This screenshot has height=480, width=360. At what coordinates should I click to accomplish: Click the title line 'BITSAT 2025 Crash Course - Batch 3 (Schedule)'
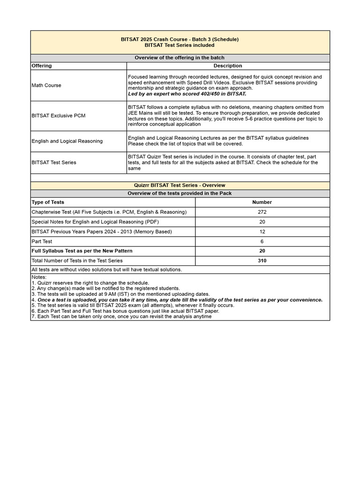click(180, 39)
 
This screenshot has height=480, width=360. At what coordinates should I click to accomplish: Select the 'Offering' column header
click(42, 66)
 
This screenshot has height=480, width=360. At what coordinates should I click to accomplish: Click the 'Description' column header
click(228, 66)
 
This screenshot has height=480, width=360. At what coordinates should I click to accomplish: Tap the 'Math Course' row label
click(46, 85)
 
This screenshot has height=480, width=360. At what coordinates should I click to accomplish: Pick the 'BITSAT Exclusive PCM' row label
click(59, 115)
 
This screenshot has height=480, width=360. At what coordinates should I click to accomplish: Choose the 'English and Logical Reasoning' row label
click(67, 141)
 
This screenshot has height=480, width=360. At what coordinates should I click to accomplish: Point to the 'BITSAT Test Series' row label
click(54, 162)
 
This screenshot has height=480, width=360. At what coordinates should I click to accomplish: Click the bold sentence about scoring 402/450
click(187, 94)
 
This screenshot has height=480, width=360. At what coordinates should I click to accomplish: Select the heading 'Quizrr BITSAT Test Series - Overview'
click(180, 185)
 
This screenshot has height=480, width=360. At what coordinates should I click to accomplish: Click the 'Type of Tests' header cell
click(48, 202)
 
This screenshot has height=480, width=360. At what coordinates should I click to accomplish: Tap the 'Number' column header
click(262, 202)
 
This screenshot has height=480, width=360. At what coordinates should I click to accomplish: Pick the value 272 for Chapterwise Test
click(262, 212)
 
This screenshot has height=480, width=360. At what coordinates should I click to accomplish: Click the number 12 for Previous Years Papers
click(262, 232)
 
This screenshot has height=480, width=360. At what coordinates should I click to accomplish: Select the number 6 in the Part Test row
click(262, 241)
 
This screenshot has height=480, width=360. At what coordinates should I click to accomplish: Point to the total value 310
click(262, 261)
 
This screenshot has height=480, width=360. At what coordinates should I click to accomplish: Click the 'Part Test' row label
click(42, 241)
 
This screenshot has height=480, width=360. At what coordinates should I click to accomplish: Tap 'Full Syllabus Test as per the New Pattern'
click(82, 251)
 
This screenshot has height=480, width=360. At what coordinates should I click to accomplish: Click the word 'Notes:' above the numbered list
click(39, 277)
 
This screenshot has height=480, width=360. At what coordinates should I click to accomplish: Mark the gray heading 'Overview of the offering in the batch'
click(180, 58)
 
